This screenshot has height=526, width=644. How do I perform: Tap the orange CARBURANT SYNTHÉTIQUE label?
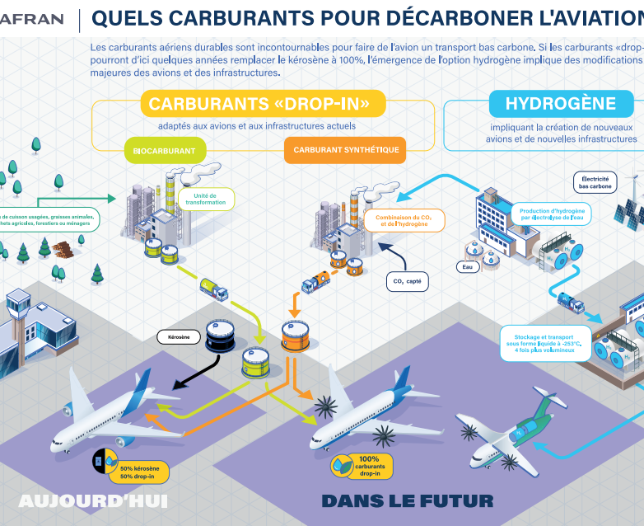coord(346,150)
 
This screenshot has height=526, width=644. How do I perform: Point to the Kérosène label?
coord(178,336)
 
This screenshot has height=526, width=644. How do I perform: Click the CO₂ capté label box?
coord(407,281)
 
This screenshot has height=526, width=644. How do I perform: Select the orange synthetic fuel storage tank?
coord(296,335)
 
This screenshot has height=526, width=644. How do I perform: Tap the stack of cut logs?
coord(62,247)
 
